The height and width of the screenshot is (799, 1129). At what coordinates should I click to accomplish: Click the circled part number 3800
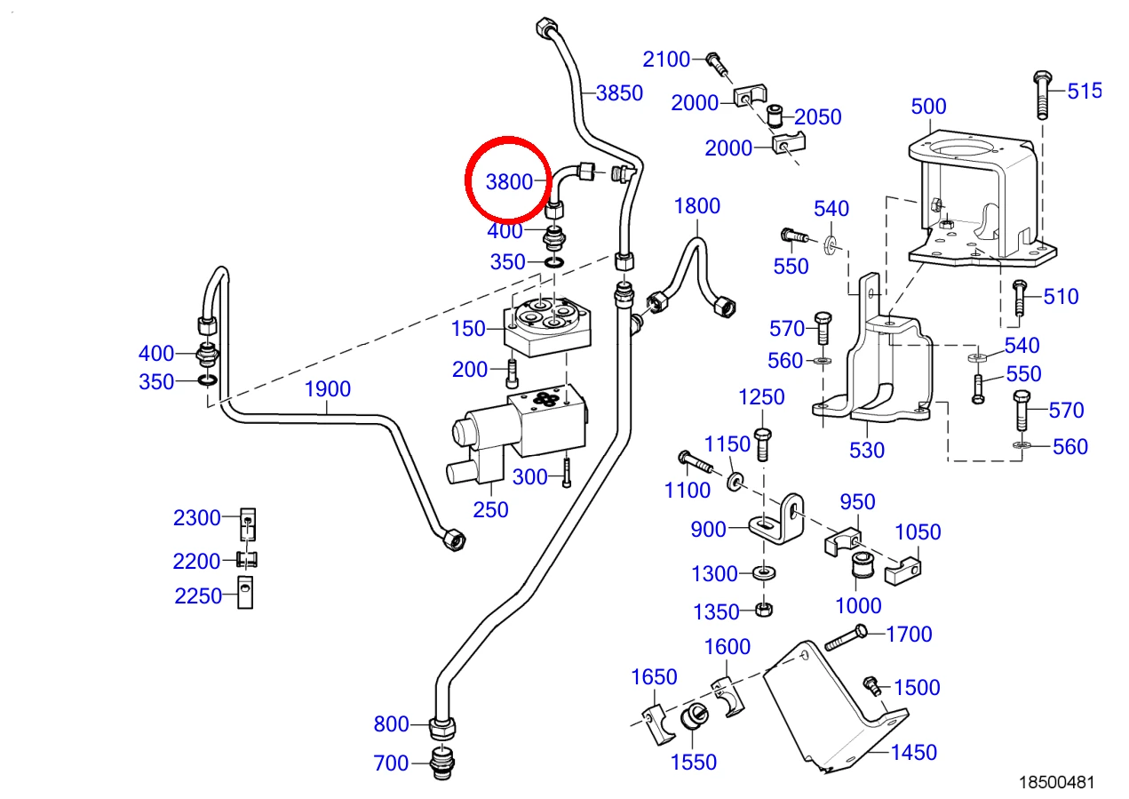[x=509, y=182]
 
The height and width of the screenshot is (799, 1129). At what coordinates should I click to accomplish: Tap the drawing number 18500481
[x=1056, y=782]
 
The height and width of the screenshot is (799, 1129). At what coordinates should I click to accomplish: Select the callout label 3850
[x=619, y=92]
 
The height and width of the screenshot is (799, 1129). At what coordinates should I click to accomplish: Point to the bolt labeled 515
[x=1042, y=95]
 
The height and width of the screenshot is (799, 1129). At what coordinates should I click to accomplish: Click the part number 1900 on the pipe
[x=328, y=389]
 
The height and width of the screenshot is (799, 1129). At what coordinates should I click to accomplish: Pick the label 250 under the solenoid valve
[x=490, y=510]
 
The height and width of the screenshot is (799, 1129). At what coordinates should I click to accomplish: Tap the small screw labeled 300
[x=567, y=473]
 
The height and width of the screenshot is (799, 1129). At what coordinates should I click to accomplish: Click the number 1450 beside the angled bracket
[x=914, y=753]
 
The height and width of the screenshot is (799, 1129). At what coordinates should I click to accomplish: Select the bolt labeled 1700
[x=847, y=637]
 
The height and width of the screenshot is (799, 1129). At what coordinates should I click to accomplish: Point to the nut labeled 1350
[x=764, y=610]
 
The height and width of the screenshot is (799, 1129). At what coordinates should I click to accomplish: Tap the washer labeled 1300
[x=764, y=573]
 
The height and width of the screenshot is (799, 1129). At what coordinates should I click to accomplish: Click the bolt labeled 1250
[x=762, y=444]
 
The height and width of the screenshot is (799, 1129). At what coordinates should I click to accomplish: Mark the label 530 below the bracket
[x=867, y=451]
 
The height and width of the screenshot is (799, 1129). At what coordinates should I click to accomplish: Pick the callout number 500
[x=928, y=107]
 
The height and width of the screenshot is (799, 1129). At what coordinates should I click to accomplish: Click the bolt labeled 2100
[x=717, y=65]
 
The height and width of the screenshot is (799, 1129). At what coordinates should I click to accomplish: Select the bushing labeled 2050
[x=775, y=116]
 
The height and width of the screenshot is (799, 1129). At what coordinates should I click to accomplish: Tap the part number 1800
[x=697, y=206]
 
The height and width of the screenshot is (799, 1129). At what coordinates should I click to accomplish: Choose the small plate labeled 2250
[x=245, y=593]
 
